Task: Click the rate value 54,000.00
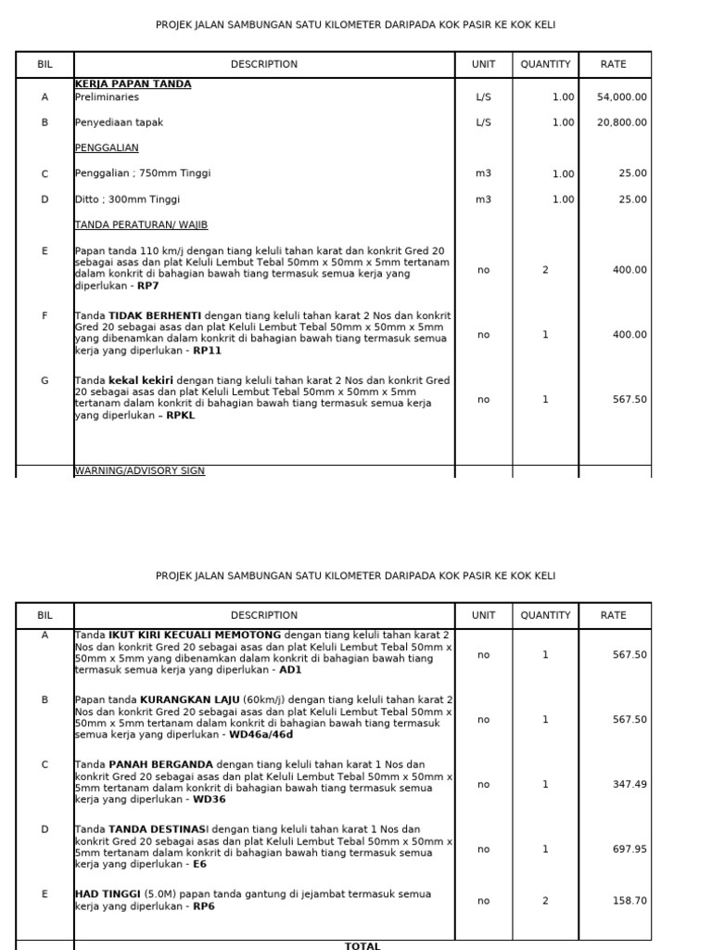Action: pos(622,96)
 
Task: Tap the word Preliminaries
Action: pos(107,96)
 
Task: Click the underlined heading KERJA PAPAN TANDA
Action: pos(133,84)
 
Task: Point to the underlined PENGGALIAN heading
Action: pos(107,148)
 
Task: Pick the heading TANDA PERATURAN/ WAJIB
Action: pos(141,225)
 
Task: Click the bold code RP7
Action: pos(148,286)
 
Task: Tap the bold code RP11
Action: pos(207,351)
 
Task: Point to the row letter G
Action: pos(44,380)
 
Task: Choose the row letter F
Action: pos(44,315)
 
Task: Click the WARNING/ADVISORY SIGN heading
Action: pos(139,471)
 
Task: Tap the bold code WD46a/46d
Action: pos(262,735)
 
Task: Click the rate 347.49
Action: pos(629,784)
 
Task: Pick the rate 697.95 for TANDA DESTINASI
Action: pos(629,849)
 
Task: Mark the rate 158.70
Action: pos(629,900)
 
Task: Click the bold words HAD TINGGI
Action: pos(108,894)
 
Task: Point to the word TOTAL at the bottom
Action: pos(362,945)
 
